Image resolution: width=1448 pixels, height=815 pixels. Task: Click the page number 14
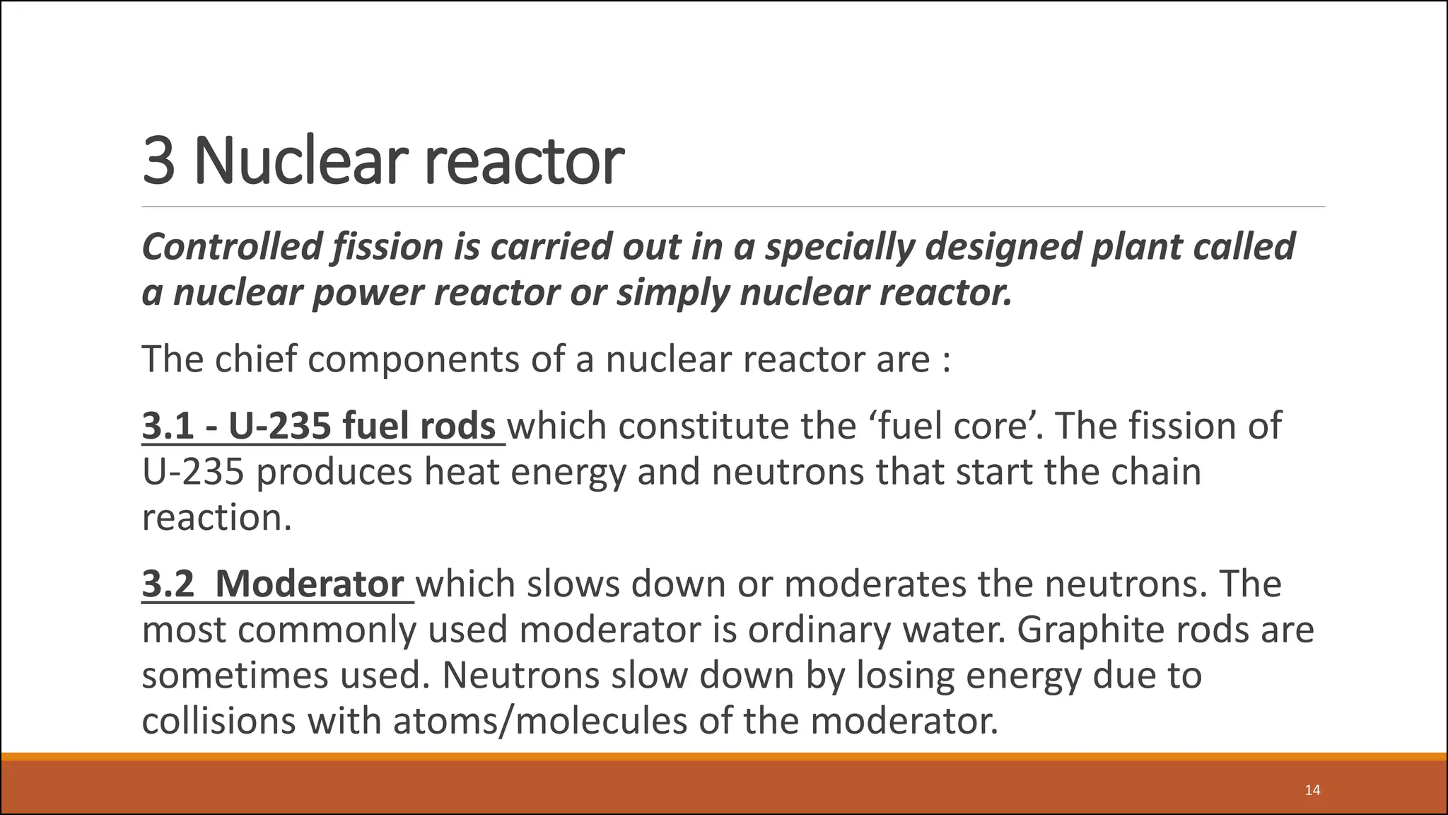pyautogui.click(x=1312, y=790)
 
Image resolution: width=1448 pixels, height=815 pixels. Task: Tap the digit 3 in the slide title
pyautogui.click(x=158, y=161)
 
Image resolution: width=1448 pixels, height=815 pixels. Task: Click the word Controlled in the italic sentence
pyautogui.click(x=232, y=246)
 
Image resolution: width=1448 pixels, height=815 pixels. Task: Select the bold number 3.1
pyautogui.click(x=168, y=426)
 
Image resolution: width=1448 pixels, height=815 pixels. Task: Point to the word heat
pyautogui.click(x=462, y=472)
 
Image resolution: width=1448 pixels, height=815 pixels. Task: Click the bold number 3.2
pyautogui.click(x=168, y=584)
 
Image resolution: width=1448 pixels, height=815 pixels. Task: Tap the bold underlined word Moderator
pyautogui.click(x=310, y=584)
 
